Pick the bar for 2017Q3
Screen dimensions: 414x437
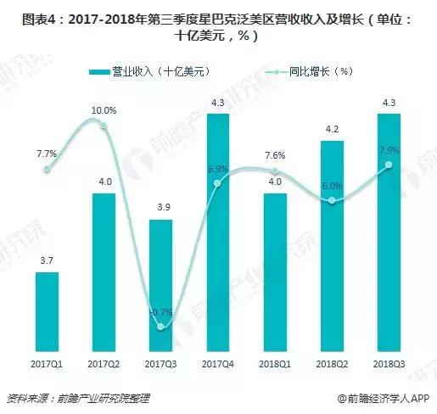click(161, 280)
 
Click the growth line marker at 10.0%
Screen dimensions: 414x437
click(104, 126)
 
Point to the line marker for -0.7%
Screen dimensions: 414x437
click(161, 326)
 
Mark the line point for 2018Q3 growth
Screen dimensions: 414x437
click(389, 165)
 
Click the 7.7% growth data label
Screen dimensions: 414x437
click(46, 154)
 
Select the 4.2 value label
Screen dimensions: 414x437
click(333, 130)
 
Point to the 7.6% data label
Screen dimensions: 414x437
click(275, 154)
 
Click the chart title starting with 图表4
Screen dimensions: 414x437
click(218, 26)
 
